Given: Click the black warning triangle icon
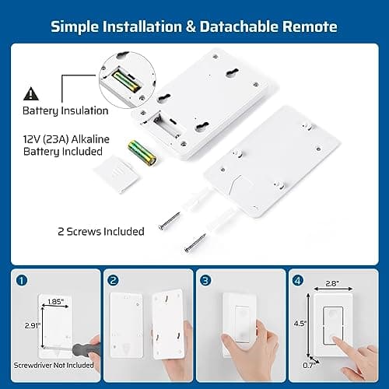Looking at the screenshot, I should click(30, 94).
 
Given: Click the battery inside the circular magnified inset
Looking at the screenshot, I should click(125, 79).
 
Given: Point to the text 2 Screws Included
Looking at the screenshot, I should click(100, 231).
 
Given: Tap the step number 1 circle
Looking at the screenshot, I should click(21, 280).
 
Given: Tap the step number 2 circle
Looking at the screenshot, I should click(114, 280).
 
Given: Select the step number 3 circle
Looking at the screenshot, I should click(206, 280).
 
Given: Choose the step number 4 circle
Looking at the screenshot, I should click(298, 280).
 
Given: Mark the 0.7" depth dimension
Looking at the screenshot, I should click(309, 363).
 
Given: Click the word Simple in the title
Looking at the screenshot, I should click(78, 26).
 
